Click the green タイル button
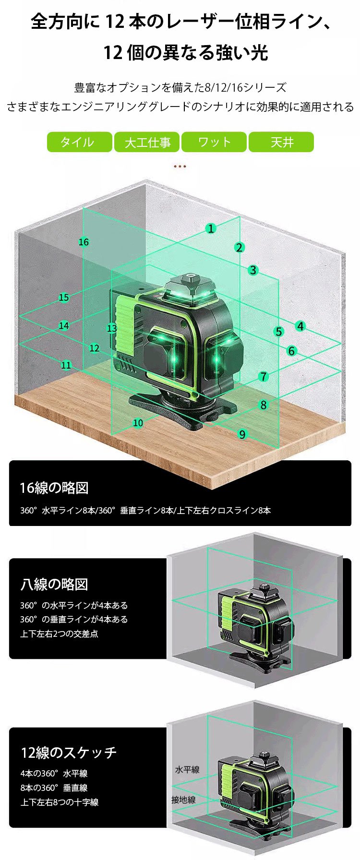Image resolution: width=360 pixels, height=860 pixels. pos(79,142)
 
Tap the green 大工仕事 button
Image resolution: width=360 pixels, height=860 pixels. pos(147,142)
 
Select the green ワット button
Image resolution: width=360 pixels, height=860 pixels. pos(214,142)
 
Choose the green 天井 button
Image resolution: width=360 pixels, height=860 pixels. pos(281,142)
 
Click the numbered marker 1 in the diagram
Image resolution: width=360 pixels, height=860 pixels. pos(211,228)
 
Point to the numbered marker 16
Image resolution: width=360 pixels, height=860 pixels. pos(84,242)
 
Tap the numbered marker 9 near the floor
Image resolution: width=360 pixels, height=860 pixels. pos(242,434)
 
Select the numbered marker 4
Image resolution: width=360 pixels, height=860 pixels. pos(300,326)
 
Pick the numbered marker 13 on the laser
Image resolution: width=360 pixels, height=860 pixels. pos(112,328)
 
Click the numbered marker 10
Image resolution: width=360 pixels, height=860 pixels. pos(138,423)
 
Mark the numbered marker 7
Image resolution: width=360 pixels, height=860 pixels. pos(263,377)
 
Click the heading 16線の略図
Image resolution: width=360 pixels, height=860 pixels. pos(54,488)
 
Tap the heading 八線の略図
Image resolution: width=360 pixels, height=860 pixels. pos(54,584)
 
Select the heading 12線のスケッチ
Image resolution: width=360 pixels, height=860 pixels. pos(69,752)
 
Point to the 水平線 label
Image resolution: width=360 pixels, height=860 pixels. pos(187,769)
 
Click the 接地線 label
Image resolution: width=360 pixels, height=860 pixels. pos(183,800)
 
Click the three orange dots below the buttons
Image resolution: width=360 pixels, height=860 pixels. pos(180,167)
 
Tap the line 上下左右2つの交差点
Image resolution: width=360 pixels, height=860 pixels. pos(59,633)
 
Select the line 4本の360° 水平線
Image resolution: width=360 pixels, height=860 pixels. pos(54,773)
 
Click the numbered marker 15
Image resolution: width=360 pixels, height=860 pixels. pos(64,298)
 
